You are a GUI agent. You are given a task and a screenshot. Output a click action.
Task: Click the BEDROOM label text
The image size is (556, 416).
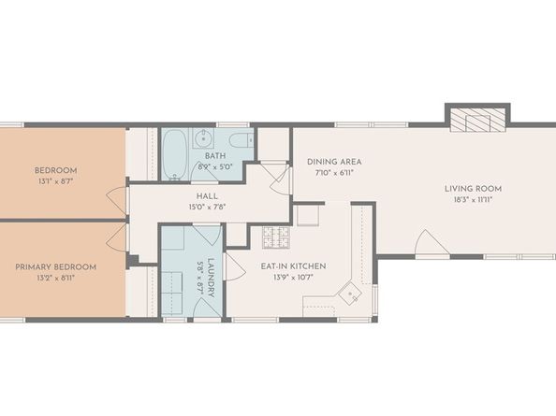[x=55, y=170]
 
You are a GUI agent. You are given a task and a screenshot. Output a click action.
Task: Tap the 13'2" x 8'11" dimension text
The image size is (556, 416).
[x=55, y=279]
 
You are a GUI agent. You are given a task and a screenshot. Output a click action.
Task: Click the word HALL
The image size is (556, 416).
[x=208, y=196]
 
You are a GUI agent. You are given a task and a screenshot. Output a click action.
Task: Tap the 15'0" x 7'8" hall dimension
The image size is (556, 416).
[x=208, y=208]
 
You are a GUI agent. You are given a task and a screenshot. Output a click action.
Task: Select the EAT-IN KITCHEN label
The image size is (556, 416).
[x=293, y=266]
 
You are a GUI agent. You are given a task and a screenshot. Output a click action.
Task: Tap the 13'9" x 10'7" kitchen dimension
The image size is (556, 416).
[x=293, y=279]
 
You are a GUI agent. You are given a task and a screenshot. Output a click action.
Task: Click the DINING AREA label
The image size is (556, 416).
[x=334, y=162]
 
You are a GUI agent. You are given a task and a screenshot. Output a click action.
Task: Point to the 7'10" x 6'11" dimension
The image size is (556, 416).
[x=334, y=174]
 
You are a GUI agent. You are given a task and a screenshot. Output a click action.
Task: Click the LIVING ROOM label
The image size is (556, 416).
[x=472, y=187]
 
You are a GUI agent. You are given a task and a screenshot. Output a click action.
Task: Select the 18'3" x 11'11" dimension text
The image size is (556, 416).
[x=472, y=199]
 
